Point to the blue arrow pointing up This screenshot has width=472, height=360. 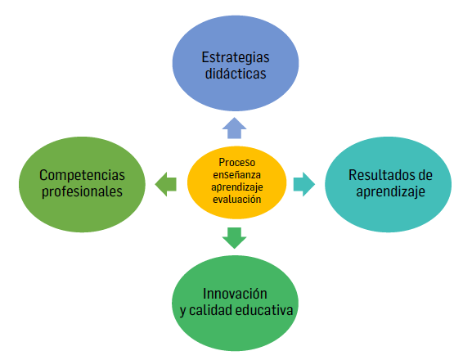235,126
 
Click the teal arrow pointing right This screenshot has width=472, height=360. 303,183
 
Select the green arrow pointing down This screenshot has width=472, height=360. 235,237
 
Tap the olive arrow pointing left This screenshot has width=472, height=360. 166,183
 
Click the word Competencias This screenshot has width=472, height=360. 83,175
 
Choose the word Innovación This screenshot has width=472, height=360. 236,293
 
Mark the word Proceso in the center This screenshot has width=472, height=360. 236,161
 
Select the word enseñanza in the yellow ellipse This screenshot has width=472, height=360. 236,173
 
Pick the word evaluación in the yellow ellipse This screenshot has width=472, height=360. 236,198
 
